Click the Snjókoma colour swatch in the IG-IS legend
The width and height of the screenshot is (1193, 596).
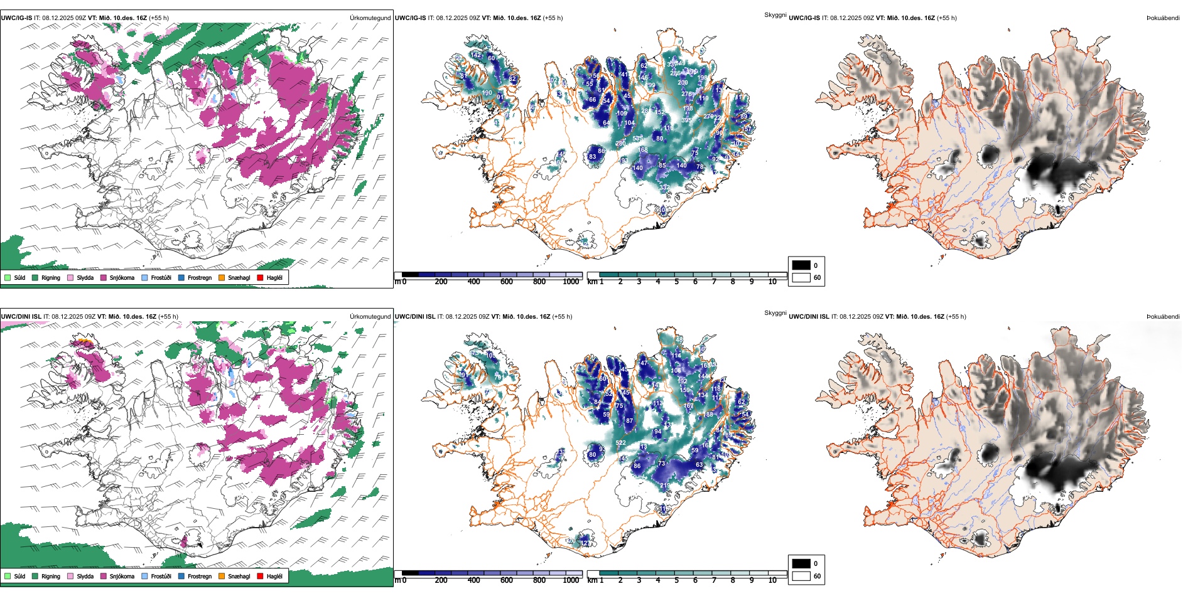click(x=104, y=277)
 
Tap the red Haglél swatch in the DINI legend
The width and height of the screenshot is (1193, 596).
click(x=260, y=576)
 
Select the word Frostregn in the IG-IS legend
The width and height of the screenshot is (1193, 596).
click(x=200, y=277)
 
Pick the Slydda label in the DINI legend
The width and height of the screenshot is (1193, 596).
click(x=85, y=576)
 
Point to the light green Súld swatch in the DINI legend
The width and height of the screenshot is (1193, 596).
click(x=8, y=576)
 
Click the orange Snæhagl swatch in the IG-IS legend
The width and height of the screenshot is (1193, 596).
click(x=222, y=277)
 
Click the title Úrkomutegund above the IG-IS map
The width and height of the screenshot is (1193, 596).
click(x=370, y=18)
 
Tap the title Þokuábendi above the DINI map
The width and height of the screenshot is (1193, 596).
click(x=1163, y=317)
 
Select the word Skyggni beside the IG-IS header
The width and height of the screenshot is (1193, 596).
click(x=775, y=15)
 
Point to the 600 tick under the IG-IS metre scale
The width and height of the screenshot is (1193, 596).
click(x=506, y=282)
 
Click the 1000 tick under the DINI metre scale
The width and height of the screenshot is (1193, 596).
click(x=571, y=580)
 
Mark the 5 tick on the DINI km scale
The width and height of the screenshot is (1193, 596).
click(x=676, y=580)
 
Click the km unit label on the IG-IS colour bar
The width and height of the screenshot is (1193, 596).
click(x=591, y=282)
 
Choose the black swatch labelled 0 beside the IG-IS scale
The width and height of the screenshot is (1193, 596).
click(x=801, y=265)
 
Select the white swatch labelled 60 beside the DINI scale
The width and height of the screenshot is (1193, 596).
click(x=801, y=576)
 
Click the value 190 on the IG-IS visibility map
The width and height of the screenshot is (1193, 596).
click(x=487, y=93)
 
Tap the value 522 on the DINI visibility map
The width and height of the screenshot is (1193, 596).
click(x=620, y=443)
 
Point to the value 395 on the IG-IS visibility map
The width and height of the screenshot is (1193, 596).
click(x=686, y=120)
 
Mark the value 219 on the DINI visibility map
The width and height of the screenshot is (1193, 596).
click(x=664, y=486)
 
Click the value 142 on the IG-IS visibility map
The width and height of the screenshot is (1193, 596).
click(x=477, y=55)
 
